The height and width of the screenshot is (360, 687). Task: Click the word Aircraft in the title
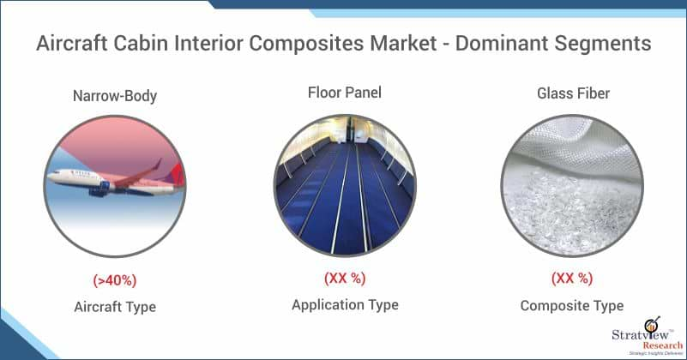tap(72, 43)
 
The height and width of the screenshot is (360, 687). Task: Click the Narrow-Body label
tap(115, 96)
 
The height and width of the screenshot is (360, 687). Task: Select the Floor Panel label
tap(345, 93)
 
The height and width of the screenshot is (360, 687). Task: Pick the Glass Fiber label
tap(573, 93)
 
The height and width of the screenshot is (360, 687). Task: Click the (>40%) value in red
tap(115, 280)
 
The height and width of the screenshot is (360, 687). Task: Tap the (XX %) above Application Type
tap(345, 278)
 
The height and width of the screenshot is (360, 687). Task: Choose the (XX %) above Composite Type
tap(572, 278)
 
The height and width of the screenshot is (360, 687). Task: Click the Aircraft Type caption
tap(115, 307)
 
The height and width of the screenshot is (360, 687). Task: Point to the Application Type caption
tap(346, 305)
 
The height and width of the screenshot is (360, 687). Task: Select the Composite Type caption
tap(572, 306)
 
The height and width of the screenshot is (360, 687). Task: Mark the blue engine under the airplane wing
tap(99, 189)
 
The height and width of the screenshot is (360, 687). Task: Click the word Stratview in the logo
tap(640, 335)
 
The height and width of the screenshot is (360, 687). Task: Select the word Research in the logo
tap(662, 345)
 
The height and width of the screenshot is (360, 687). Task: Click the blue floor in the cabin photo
tap(346, 206)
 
